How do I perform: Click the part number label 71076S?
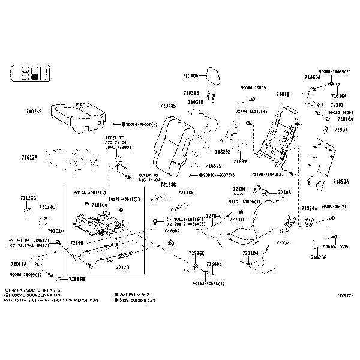pos(34,112)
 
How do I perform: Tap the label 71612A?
pos(29,157)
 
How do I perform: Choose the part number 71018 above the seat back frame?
pos(283,94)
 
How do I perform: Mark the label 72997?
pos(341,130)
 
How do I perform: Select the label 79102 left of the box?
pos(55,230)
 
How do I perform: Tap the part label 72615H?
pos(76,279)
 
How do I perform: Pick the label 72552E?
pos(284,244)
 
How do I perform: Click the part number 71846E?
pos(214,263)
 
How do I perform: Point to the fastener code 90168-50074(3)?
pos(208,283)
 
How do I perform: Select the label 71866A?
pos(313,77)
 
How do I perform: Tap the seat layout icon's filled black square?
pos(35,76)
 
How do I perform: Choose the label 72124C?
pos(47,206)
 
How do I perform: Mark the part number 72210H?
pos(250,253)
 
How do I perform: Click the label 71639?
pos(240,161)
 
